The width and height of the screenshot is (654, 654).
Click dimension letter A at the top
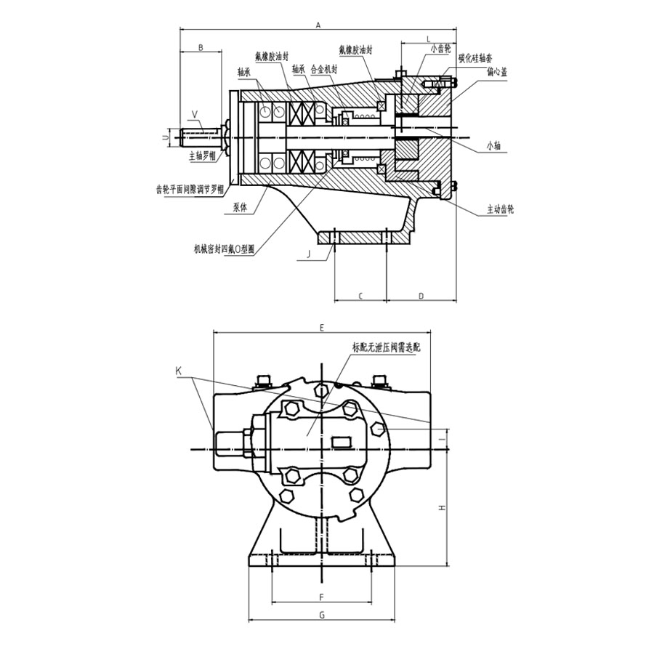[x=318, y=25]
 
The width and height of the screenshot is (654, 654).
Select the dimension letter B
[x=202, y=48]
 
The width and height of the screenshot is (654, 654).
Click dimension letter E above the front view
[x=321, y=328]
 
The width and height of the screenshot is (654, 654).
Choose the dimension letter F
[x=321, y=597]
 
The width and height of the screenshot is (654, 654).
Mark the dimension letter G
[x=321, y=615]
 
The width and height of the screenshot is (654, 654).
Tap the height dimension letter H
[x=440, y=508]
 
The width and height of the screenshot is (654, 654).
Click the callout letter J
[x=308, y=254]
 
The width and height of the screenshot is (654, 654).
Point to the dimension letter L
[x=428, y=38]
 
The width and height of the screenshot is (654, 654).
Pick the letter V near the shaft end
[x=194, y=114]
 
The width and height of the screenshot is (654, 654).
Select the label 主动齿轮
[x=501, y=209]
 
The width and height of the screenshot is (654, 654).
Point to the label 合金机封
[x=323, y=70]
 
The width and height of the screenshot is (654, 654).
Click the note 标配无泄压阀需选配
[x=386, y=347]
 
